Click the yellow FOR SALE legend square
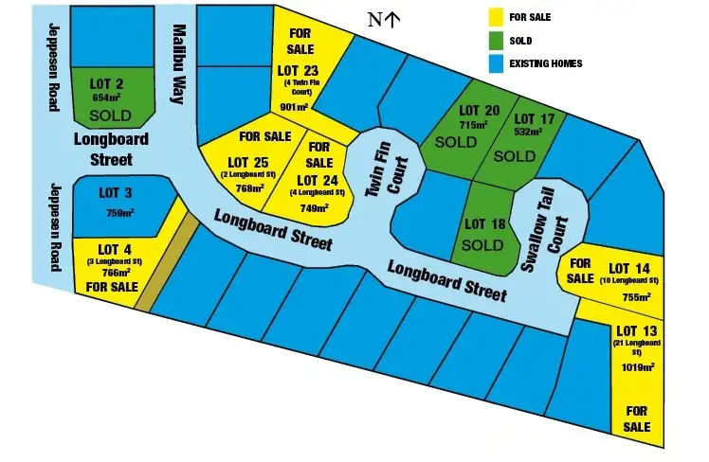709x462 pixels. [x=495, y=17]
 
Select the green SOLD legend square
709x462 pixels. [x=495, y=41]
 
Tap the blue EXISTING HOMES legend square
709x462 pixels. [x=495, y=64]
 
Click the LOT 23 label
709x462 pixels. [x=300, y=70]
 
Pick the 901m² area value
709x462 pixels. [x=296, y=108]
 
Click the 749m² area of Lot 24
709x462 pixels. [x=314, y=208]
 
